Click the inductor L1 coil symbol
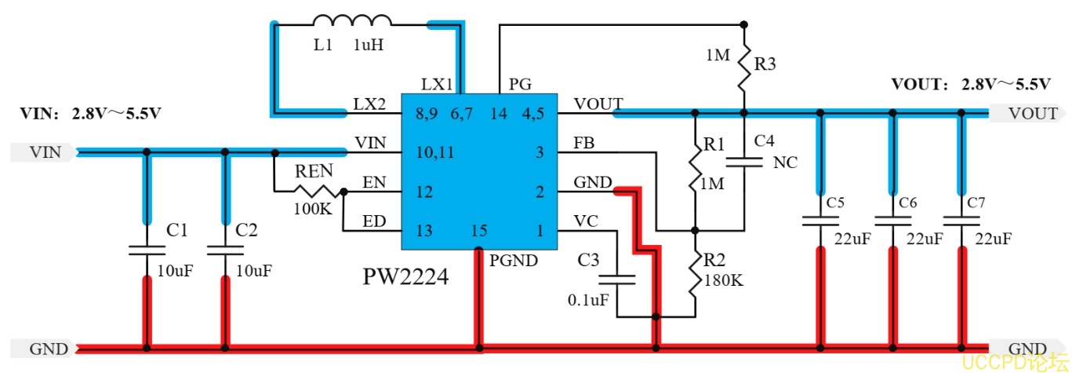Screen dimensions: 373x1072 coord(352,22)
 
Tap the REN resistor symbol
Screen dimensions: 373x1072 coord(317,191)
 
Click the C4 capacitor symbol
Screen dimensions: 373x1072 coord(744,163)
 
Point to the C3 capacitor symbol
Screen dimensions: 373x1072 coord(617,279)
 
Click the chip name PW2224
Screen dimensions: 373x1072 coord(405,276)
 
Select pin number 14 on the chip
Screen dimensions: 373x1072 coord(499,114)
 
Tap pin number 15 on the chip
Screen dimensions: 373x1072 coord(479,232)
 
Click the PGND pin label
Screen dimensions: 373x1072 coord(514,260)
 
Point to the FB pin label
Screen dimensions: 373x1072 coord(584,144)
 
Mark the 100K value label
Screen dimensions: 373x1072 coord(312,210)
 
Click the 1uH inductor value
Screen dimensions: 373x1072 coord(368,46)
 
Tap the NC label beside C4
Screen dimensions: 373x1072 coord(785,163)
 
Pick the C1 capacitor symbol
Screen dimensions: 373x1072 coord(146,250)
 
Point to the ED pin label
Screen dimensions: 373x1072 coord(373,221)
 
